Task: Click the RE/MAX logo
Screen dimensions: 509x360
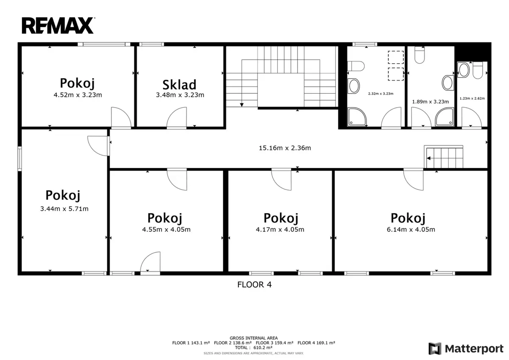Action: pos(58,25)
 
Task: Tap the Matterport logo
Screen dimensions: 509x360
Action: pos(466,349)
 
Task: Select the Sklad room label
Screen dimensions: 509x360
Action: pos(179,85)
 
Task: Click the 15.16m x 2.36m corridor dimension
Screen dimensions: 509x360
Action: pos(285,148)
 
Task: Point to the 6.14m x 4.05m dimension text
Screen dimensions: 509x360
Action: pos(411,229)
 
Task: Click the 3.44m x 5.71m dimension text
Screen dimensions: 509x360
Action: pos(64,209)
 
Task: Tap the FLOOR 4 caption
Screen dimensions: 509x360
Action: pos(255,285)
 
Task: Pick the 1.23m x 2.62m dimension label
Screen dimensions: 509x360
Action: pos(472,98)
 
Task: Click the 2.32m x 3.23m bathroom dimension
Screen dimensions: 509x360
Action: pos(380,94)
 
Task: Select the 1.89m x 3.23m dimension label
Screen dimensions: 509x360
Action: pos(431,102)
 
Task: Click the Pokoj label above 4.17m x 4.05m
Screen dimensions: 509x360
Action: pos(281,218)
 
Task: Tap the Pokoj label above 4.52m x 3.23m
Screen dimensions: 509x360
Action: pos(77,84)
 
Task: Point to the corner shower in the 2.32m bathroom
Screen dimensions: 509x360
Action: pos(357,117)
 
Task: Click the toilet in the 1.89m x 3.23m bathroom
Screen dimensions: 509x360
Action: pos(420,55)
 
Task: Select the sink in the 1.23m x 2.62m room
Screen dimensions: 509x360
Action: pos(464,70)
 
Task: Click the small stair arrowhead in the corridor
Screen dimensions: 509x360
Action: pos(428,158)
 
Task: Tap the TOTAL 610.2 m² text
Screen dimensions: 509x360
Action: pos(254,348)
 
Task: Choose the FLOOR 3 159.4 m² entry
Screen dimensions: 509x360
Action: pos(274,343)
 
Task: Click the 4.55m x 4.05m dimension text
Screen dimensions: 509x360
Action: pos(166,229)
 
